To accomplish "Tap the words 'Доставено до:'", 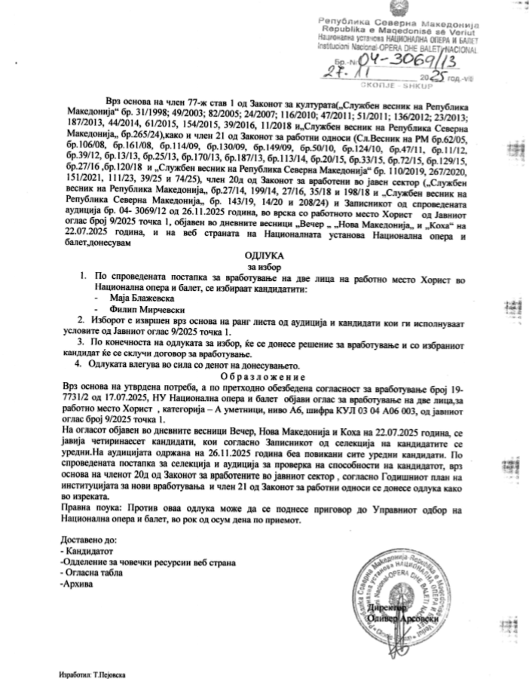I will point(88,541).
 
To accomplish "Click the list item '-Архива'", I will point(78,584).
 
